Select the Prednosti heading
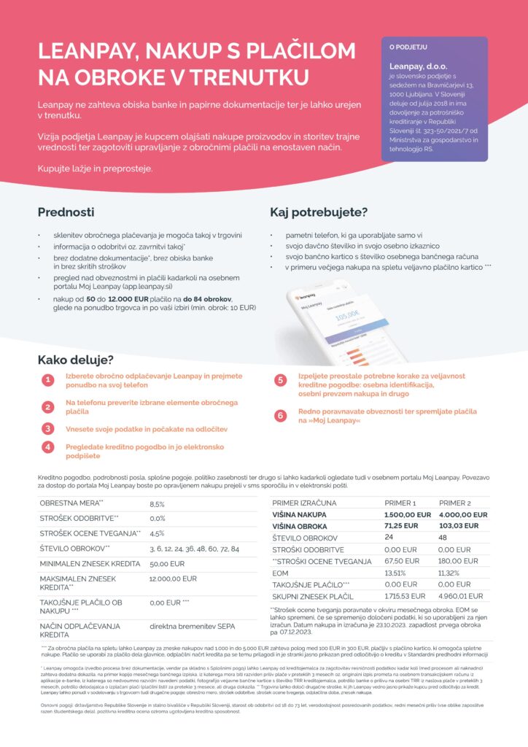pos(66,212)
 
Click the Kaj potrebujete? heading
pos(319,212)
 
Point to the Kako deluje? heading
pos(75,360)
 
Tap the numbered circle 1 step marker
pos(47,381)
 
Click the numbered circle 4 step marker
pos(47,447)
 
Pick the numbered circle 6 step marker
pos(280,416)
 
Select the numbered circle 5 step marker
pos(280,380)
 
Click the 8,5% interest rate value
pos(158,504)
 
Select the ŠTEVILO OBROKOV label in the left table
pos(74,548)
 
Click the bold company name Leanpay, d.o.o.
pos(416,66)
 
